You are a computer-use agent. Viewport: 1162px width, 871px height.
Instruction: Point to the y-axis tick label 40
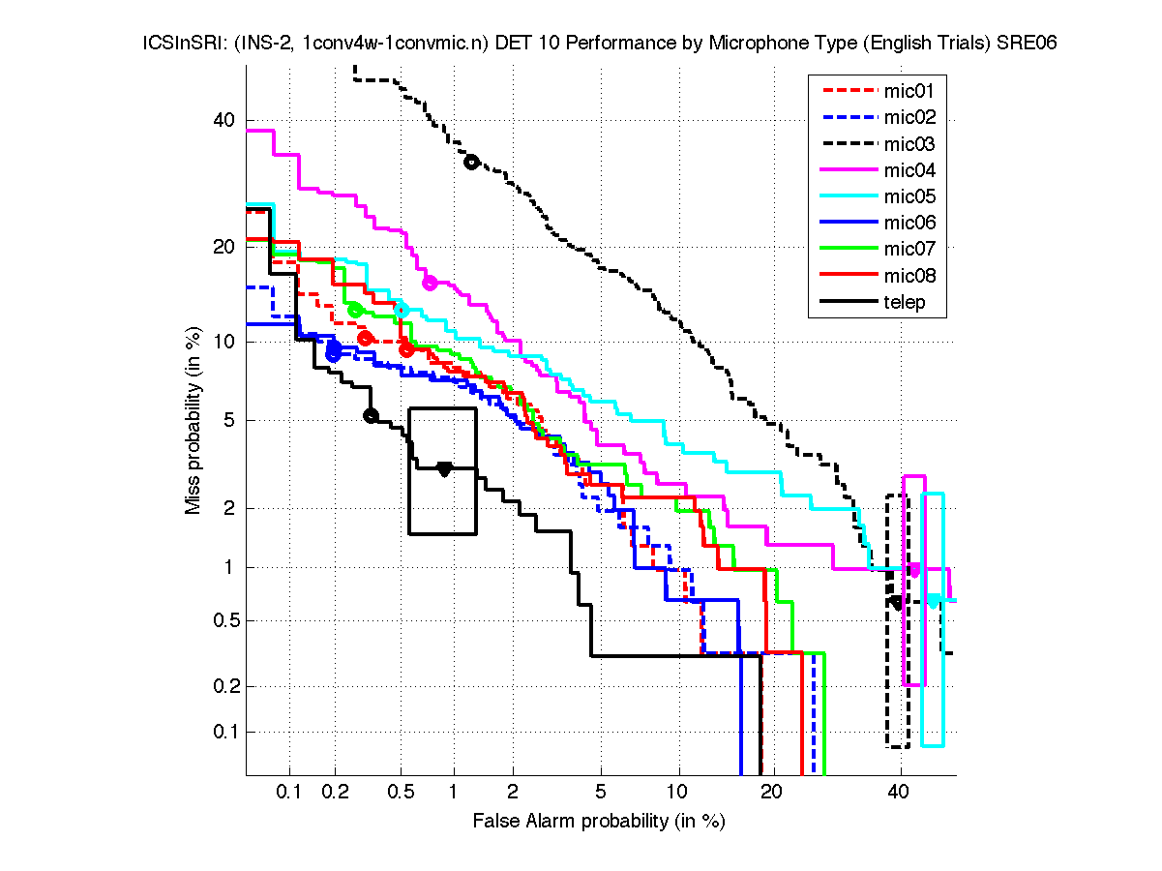pyautogui.click(x=224, y=121)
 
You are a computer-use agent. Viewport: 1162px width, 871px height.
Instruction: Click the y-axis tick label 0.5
pyautogui.click(x=222, y=620)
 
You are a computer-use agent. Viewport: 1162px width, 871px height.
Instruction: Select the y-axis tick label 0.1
pyautogui.click(x=222, y=732)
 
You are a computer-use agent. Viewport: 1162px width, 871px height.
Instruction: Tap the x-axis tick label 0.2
pyautogui.click(x=335, y=793)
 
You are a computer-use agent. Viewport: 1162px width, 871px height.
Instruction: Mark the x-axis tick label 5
pyautogui.click(x=601, y=793)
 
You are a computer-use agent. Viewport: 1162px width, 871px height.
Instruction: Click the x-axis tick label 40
pyautogui.click(x=900, y=793)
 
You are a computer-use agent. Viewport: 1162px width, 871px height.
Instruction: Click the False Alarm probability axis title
pyautogui.click(x=599, y=821)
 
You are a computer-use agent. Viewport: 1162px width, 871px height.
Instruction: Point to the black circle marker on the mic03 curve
pyautogui.click(x=471, y=162)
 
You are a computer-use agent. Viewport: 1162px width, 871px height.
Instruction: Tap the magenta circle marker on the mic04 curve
pyautogui.click(x=431, y=283)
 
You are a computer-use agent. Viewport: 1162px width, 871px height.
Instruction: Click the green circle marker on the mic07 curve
pyautogui.click(x=355, y=310)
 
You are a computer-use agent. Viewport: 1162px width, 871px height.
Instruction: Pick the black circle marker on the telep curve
pyautogui.click(x=370, y=415)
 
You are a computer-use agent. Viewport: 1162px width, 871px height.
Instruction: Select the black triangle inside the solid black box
pyautogui.click(x=444, y=469)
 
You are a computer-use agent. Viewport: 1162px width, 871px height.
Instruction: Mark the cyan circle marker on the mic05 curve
pyautogui.click(x=402, y=310)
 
